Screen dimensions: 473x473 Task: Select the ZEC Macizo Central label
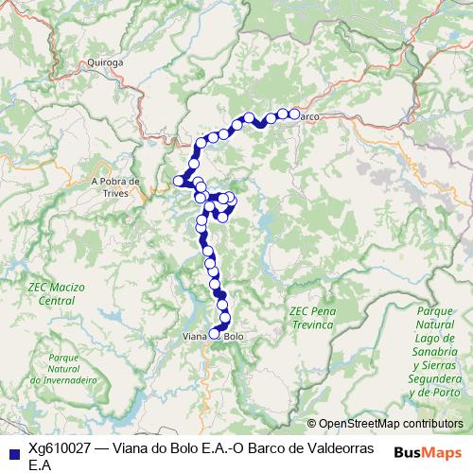(56, 292)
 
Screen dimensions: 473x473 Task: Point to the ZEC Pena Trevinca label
(312, 317)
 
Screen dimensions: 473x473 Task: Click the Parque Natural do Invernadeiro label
(64, 368)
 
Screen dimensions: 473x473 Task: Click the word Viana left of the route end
(193, 335)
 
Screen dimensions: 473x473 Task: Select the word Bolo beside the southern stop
(235, 335)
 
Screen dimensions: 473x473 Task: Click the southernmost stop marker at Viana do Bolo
(215, 334)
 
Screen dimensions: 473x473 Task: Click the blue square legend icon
(13, 450)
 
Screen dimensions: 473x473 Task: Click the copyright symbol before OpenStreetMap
(311, 425)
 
